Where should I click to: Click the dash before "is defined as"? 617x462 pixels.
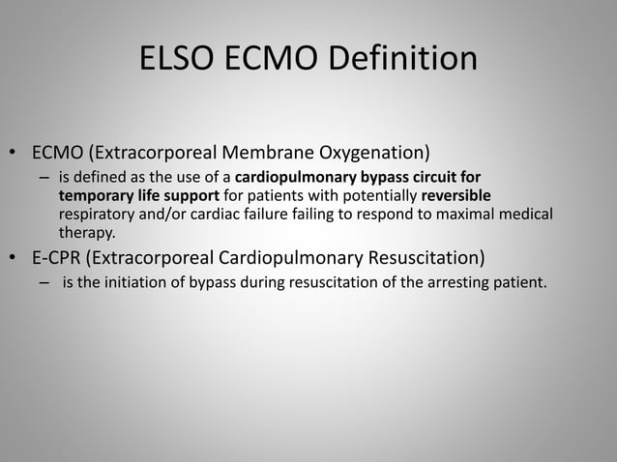(44, 179)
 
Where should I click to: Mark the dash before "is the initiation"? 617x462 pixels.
(44, 283)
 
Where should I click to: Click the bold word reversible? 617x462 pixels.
(456, 195)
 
